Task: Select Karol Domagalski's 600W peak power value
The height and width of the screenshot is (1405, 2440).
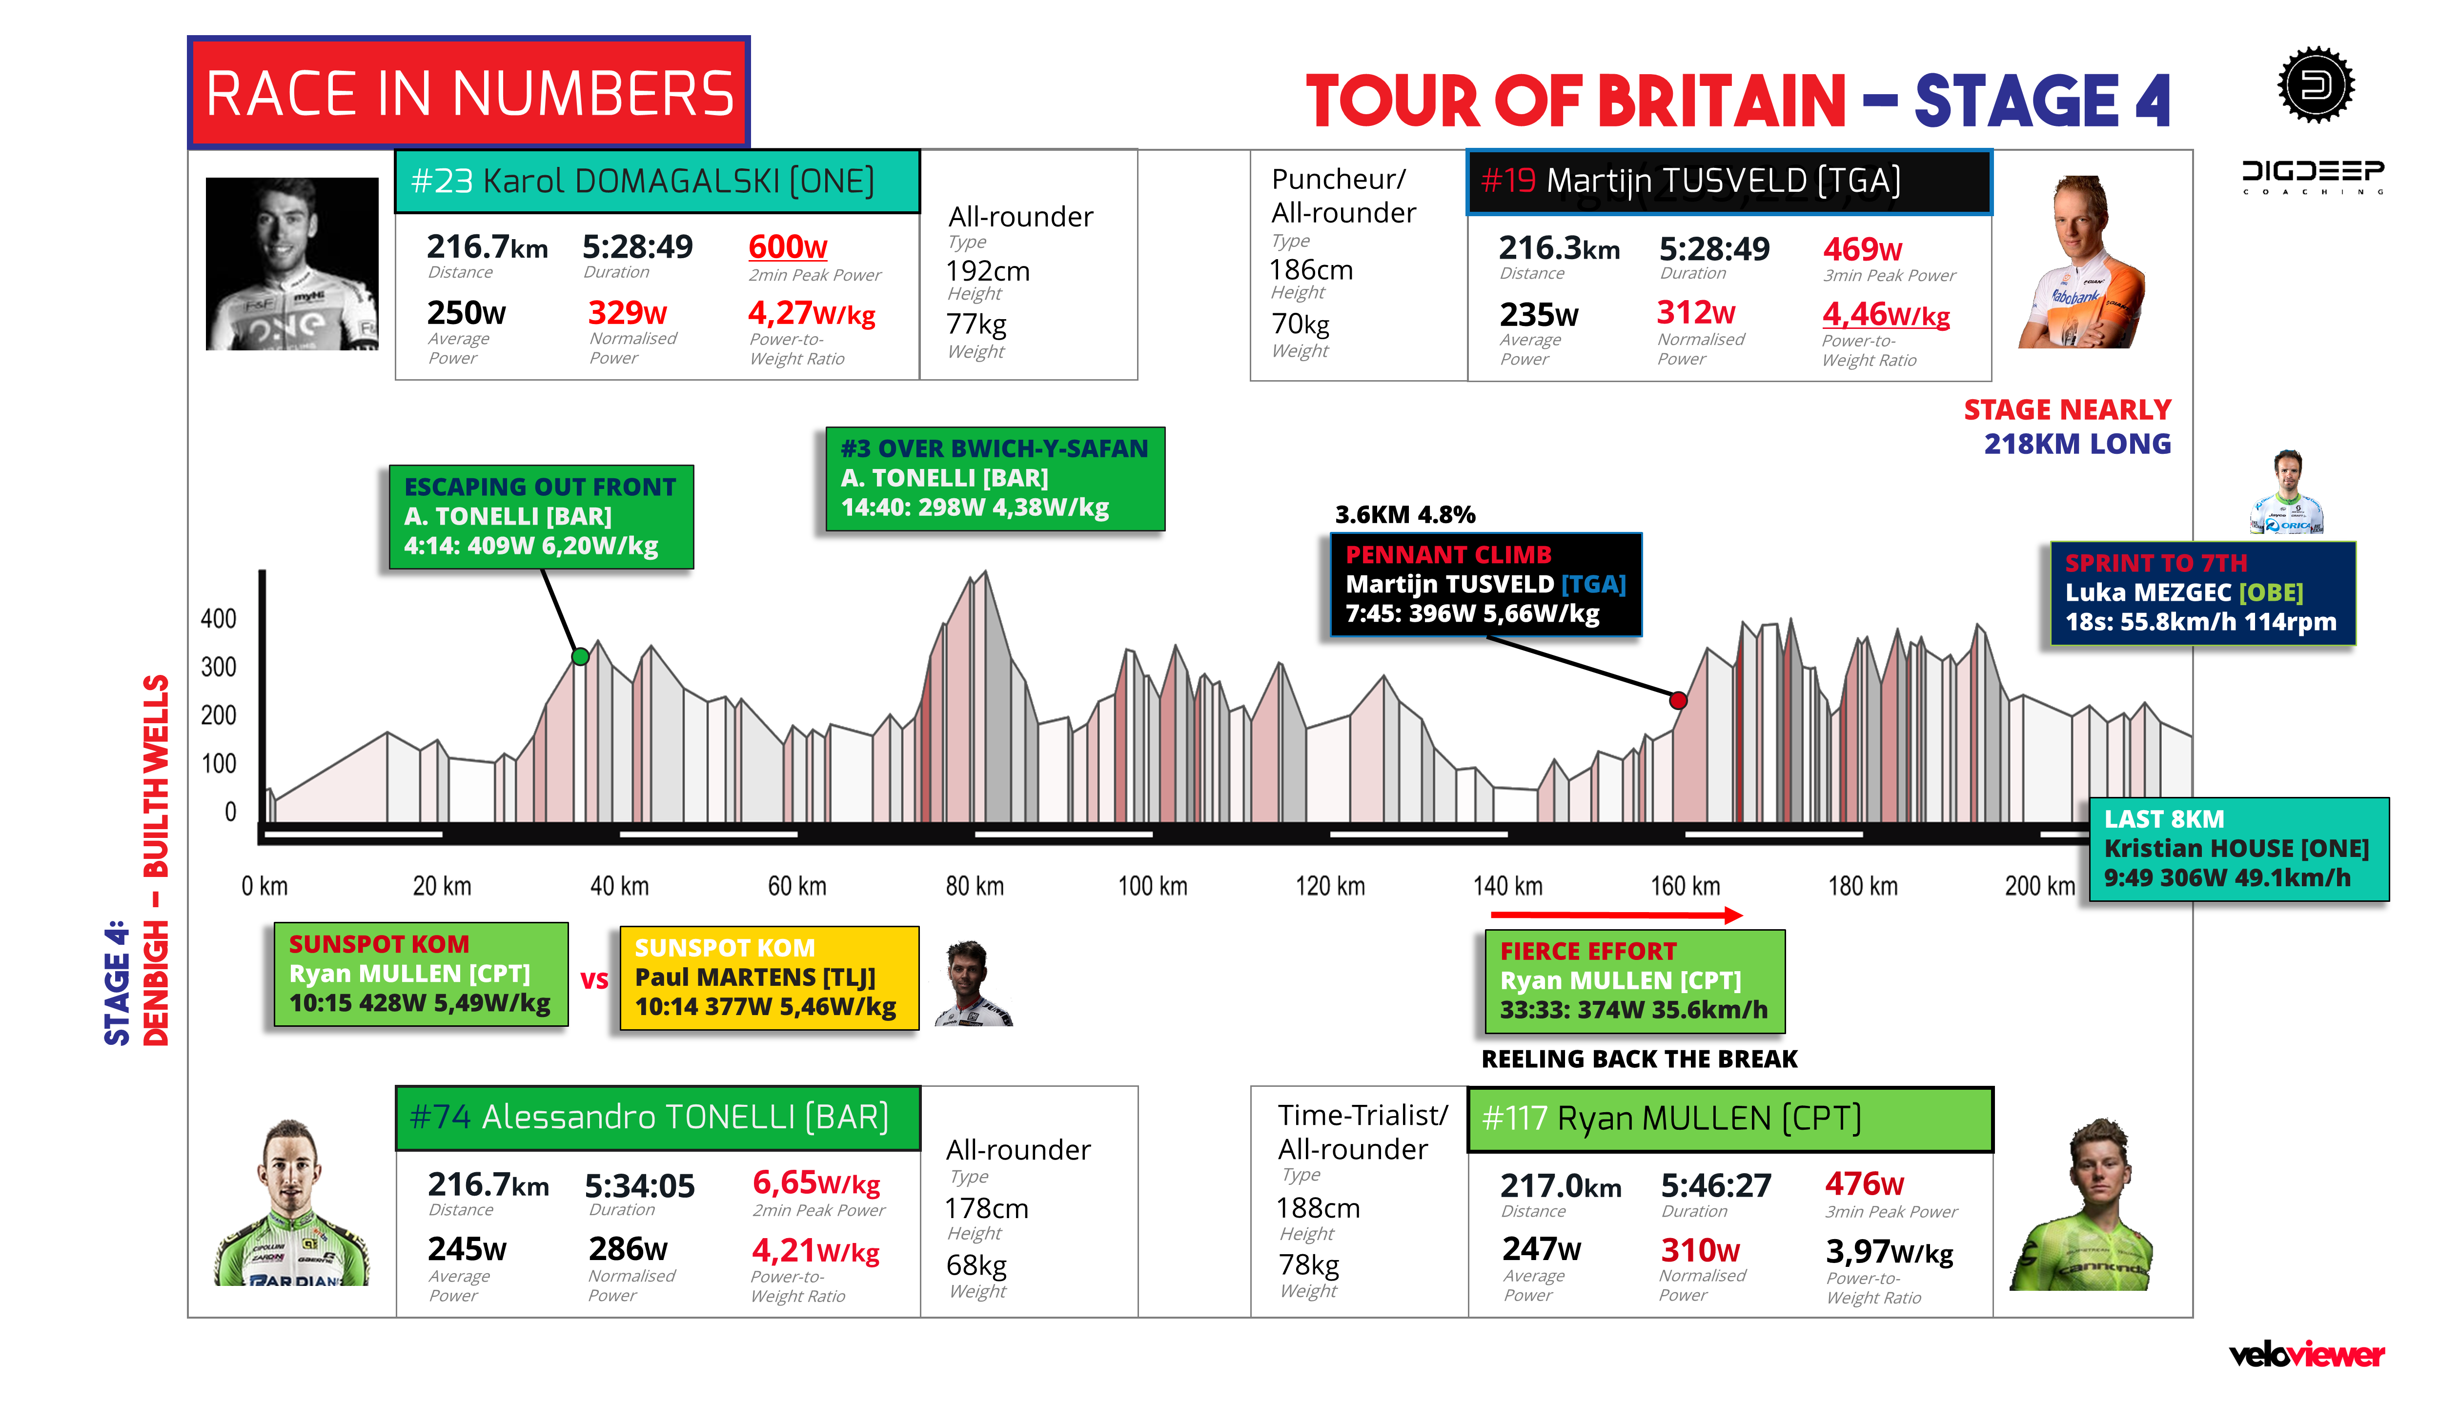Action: click(787, 247)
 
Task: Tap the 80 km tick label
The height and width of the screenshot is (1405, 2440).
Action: click(975, 886)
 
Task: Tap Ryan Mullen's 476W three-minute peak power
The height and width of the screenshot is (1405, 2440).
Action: click(1863, 1184)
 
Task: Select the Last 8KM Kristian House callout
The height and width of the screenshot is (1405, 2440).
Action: click(2237, 849)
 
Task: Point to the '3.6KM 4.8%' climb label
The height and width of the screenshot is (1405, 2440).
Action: click(1405, 514)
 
